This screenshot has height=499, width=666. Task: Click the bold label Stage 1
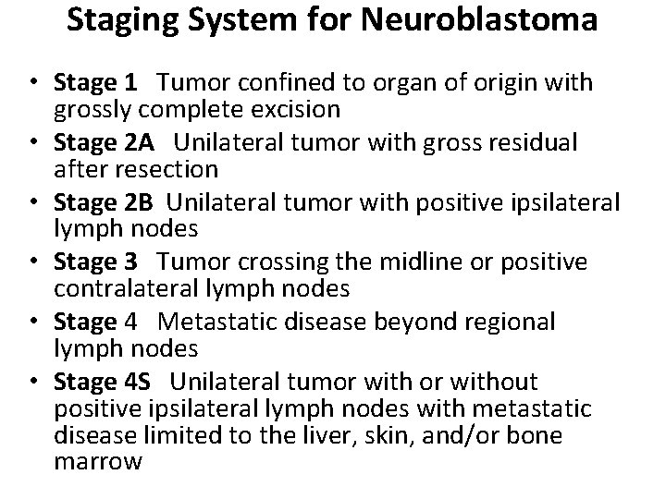click(x=96, y=83)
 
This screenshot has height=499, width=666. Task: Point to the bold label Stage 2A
click(x=105, y=143)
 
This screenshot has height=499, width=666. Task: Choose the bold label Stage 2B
click(x=104, y=202)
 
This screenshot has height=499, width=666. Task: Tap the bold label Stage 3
click(x=96, y=262)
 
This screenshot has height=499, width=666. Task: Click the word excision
click(x=295, y=111)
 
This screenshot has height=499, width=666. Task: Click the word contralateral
click(x=126, y=289)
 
